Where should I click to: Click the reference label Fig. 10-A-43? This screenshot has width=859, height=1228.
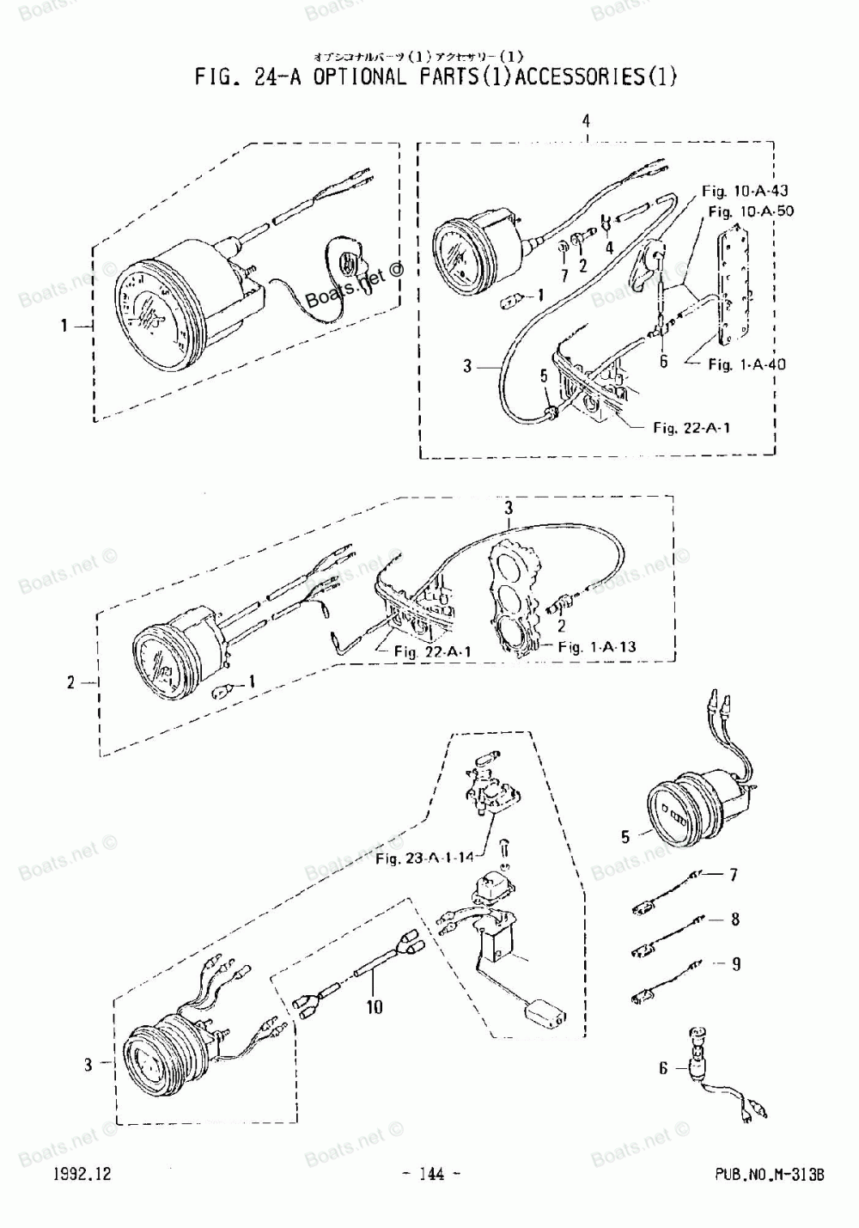coord(744,190)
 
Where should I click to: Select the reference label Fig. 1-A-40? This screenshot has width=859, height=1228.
coord(746,364)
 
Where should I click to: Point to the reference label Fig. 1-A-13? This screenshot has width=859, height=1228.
coord(596,646)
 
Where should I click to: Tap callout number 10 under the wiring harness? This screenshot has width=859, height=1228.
coord(374,1006)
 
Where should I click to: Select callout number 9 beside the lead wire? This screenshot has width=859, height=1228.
coord(735,964)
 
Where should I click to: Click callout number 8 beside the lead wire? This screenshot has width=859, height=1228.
coord(735,919)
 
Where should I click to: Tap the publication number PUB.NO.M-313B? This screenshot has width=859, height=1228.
coord(768,1175)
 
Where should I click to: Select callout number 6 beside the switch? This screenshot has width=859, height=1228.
coord(663,1068)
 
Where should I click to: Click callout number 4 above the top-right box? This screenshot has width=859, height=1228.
coord(586,121)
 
